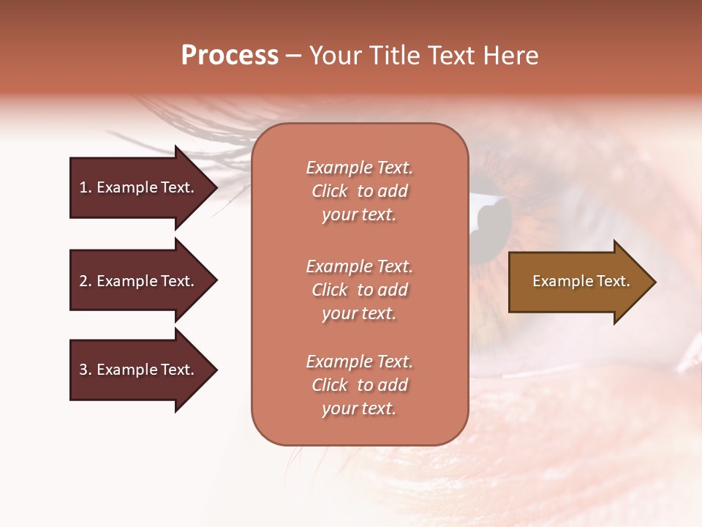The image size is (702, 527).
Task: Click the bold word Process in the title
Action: [x=230, y=56]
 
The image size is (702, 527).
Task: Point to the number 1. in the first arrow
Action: [x=86, y=187]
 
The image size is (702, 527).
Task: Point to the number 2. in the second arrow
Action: [x=86, y=281]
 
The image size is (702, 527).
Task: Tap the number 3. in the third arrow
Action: [x=86, y=370]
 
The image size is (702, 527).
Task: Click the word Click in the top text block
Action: [x=330, y=191]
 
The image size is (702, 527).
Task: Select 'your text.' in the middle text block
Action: [x=359, y=313]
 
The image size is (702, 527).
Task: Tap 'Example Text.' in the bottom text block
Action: [x=359, y=362]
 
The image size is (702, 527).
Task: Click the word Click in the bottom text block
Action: [x=330, y=385]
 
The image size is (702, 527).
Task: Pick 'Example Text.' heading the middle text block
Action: [x=359, y=266]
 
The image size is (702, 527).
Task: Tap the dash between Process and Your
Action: [x=293, y=56]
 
